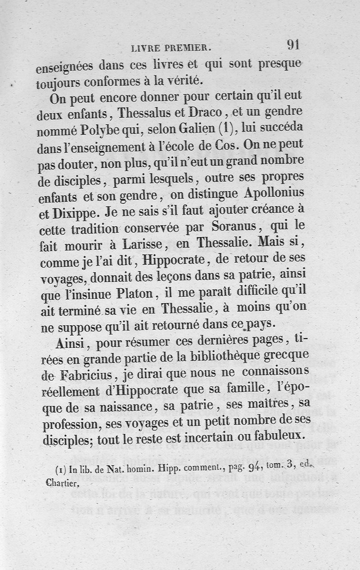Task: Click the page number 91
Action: coord(292,45)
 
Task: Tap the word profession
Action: coord(68,423)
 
